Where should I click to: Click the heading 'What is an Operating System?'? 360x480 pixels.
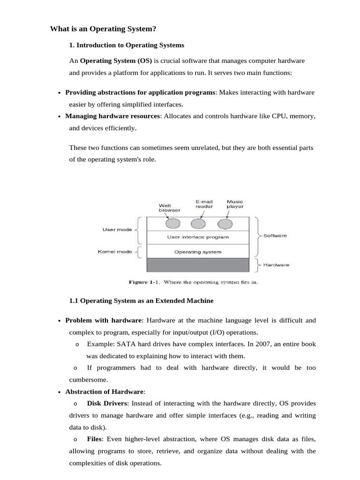(x=103, y=29)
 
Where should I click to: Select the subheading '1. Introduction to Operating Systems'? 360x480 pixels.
(x=127, y=45)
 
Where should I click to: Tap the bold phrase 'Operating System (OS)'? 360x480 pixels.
(x=116, y=61)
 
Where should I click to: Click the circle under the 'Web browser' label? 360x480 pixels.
(x=172, y=224)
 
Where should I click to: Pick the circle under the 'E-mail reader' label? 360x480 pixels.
(x=198, y=224)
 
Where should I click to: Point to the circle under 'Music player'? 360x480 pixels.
(x=225, y=224)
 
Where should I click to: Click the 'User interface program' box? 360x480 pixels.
(x=198, y=237)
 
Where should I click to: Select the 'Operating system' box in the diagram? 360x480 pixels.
(x=198, y=252)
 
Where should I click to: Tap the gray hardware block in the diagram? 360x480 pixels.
(x=198, y=265)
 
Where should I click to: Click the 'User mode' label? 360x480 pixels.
(x=117, y=230)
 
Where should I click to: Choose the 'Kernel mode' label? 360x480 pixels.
(x=115, y=252)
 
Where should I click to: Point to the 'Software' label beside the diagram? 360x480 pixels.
(x=275, y=236)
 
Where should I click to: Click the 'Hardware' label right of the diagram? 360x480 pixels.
(x=276, y=265)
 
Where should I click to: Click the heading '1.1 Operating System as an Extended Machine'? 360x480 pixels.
(x=141, y=300)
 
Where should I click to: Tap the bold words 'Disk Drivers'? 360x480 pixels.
(x=106, y=403)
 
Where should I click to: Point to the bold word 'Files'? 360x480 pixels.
(x=95, y=439)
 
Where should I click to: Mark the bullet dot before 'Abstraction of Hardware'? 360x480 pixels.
(x=60, y=392)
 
